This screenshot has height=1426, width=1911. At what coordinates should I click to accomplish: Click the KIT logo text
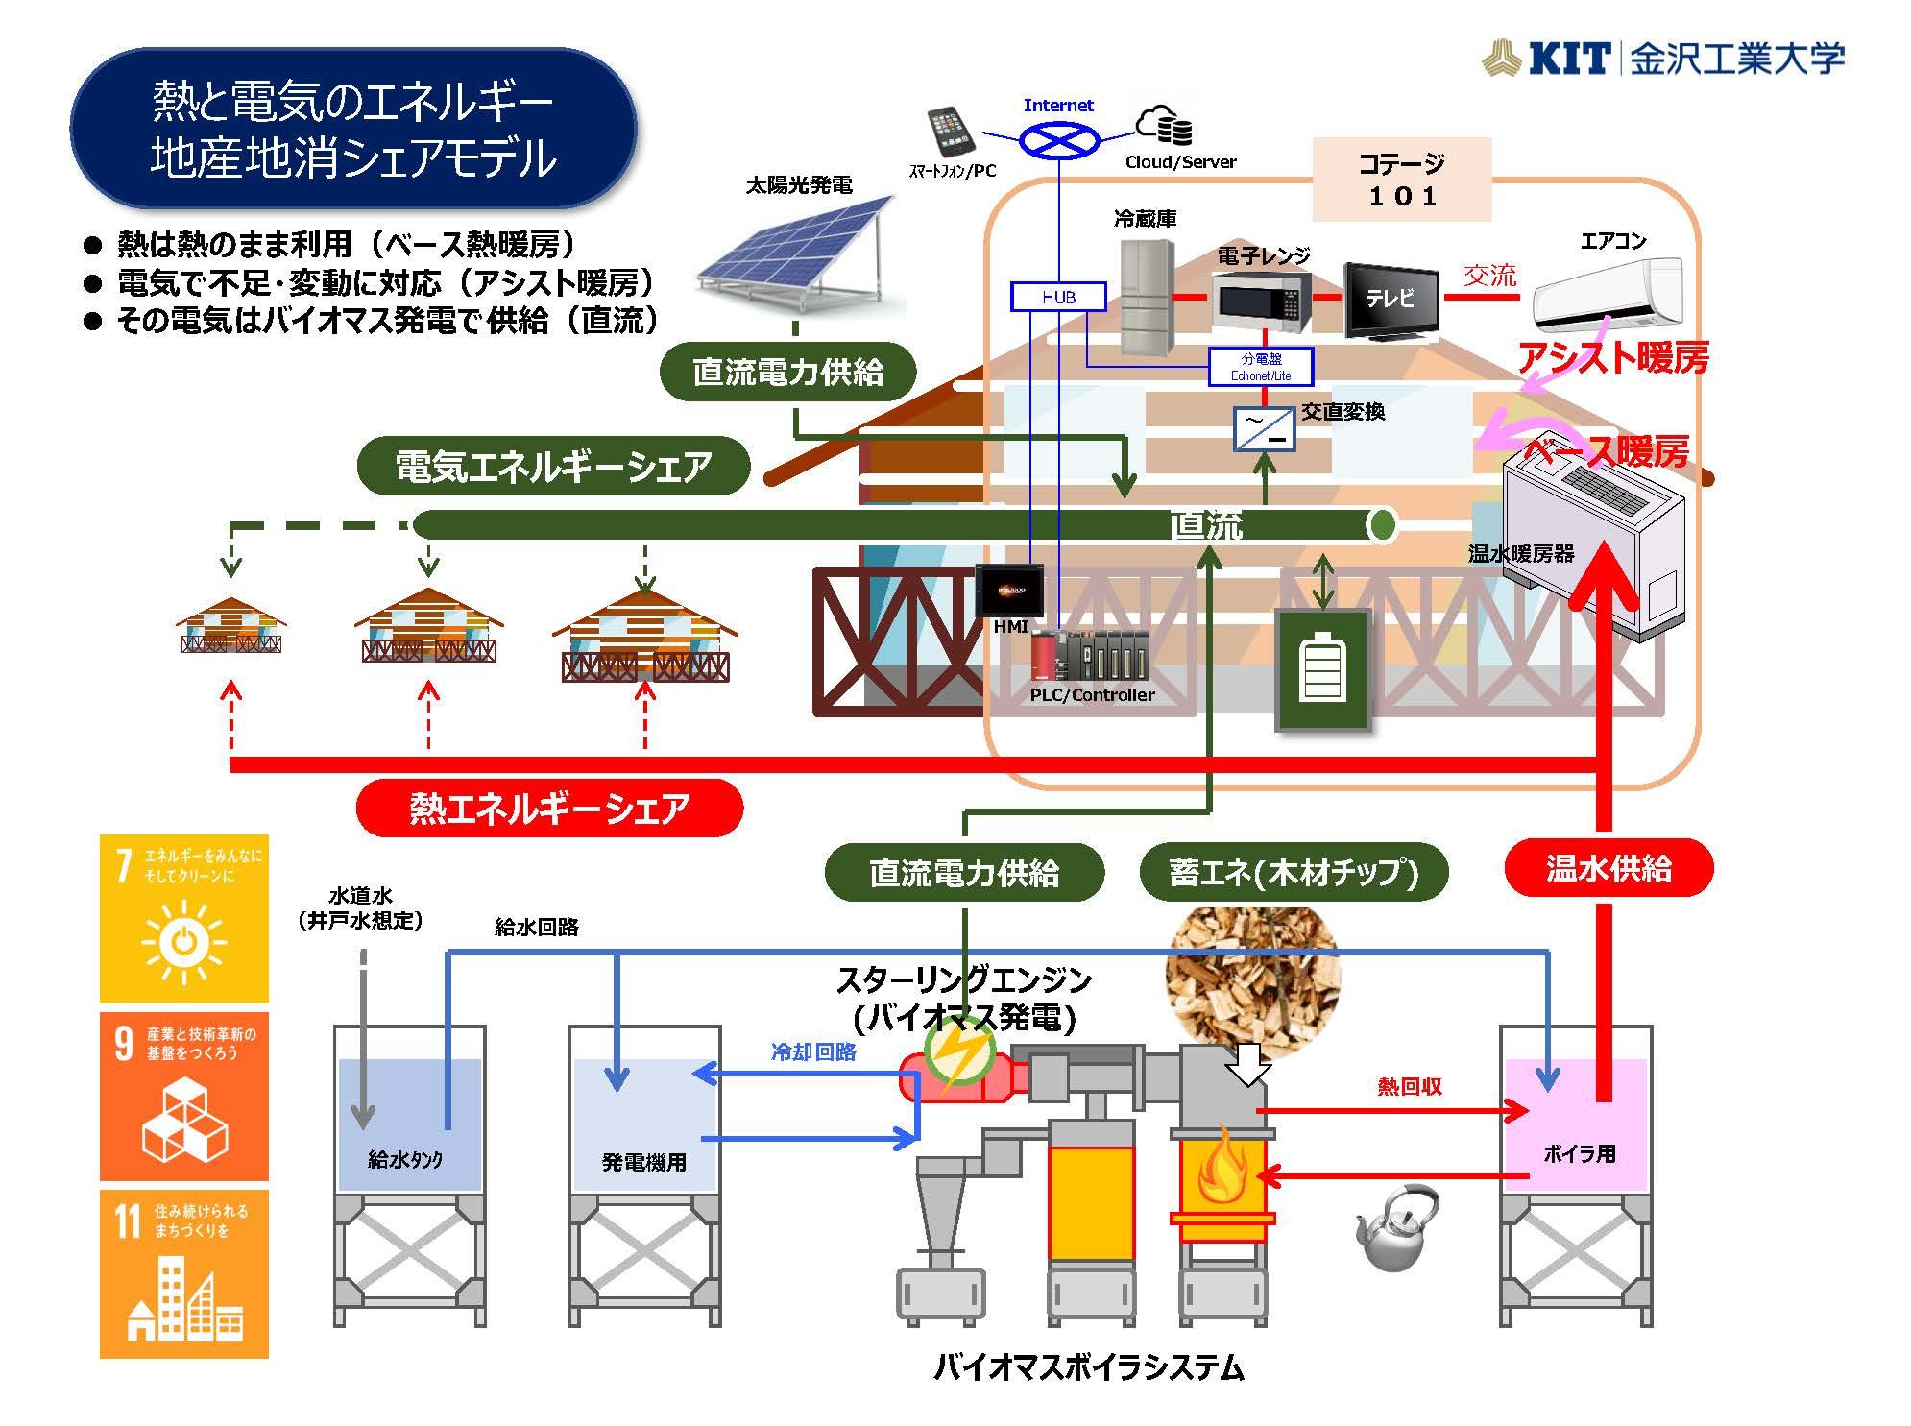pyautogui.click(x=1567, y=60)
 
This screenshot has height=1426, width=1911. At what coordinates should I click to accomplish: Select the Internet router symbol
pyautogui.click(x=1058, y=141)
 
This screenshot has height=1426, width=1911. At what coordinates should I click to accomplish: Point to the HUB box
pyautogui.click(x=1058, y=297)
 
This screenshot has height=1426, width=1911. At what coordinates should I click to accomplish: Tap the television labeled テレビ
pyautogui.click(x=1391, y=300)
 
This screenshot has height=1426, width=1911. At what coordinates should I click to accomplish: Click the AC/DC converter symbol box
pyautogui.click(x=1264, y=430)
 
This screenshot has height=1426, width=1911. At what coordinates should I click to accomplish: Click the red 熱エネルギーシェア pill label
pyautogui.click(x=549, y=808)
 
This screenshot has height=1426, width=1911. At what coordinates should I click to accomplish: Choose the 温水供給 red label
pyautogui.click(x=1608, y=869)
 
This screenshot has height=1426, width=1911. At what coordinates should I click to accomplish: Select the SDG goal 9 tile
pyautogui.click(x=184, y=1096)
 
